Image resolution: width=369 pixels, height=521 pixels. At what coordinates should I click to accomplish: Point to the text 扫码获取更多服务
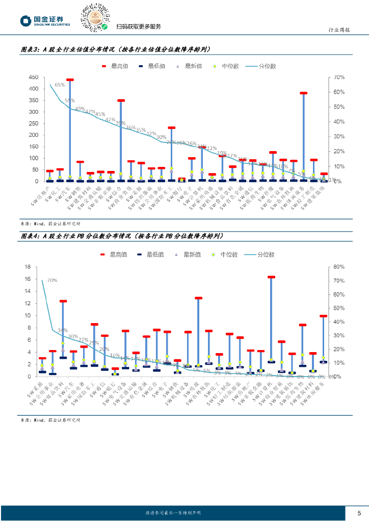coord(139,26)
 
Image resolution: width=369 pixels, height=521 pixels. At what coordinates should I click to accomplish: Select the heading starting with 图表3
coord(115,50)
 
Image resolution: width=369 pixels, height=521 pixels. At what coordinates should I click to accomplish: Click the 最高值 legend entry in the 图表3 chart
coord(115,66)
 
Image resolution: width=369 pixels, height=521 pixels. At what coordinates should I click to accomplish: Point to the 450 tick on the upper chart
coord(33,77)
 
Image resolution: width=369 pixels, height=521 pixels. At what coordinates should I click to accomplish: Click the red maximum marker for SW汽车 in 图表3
coord(70,80)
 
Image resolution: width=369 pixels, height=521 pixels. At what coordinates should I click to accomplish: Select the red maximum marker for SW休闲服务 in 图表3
coord(304,93)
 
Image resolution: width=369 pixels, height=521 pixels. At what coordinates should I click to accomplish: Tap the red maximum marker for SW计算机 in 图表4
coord(271,277)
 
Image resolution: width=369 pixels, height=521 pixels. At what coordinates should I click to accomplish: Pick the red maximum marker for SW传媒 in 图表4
coord(198,298)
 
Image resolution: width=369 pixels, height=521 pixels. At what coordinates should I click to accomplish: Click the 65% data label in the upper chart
coord(60,85)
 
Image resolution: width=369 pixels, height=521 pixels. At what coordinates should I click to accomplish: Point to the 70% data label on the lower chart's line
coord(51,280)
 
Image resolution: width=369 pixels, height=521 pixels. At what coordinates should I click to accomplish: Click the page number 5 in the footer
coord(359,513)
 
